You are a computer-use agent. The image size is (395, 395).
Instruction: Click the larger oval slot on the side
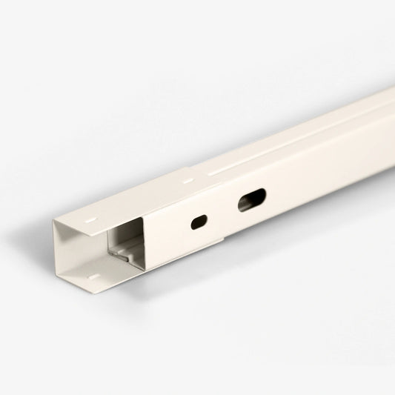click(x=251, y=199)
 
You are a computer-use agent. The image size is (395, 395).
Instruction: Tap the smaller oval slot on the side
click(x=199, y=221)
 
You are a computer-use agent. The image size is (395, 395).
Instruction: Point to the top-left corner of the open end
click(x=56, y=221)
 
